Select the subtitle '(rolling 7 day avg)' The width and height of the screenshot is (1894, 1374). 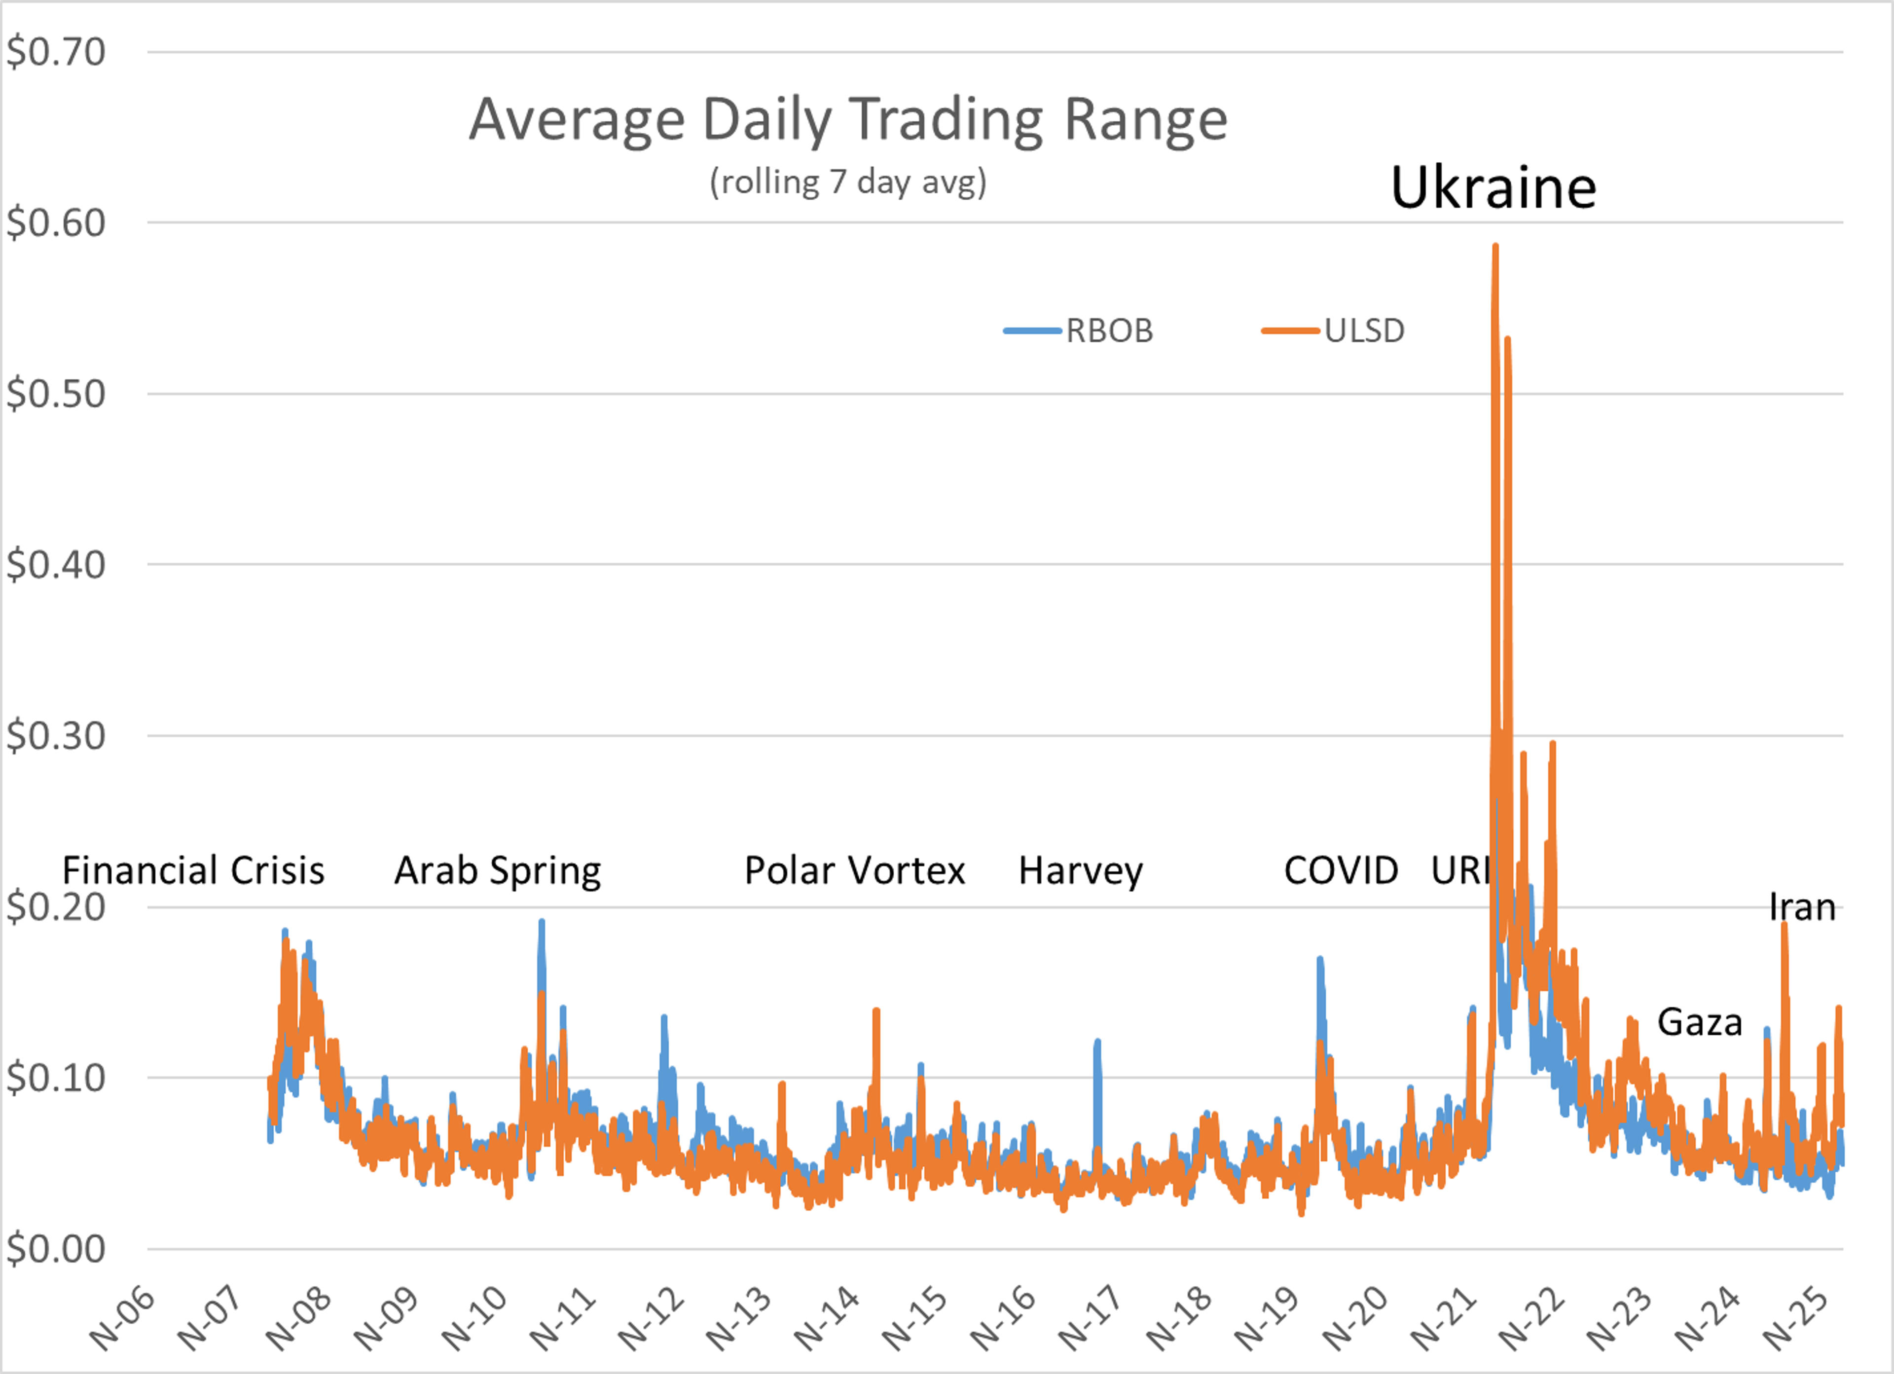click(x=848, y=181)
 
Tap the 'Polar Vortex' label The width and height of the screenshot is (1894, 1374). click(x=854, y=870)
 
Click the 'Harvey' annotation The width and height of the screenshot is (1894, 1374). click(x=1081, y=870)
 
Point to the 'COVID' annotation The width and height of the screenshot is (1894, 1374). click(x=1340, y=870)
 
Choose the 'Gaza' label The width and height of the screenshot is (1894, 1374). click(x=1700, y=1021)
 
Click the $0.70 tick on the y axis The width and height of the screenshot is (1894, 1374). click(x=56, y=52)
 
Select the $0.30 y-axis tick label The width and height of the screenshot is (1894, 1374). click(x=56, y=736)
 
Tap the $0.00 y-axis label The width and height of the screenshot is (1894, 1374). click(x=56, y=1250)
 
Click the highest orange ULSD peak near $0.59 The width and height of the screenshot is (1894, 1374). click(x=1495, y=247)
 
